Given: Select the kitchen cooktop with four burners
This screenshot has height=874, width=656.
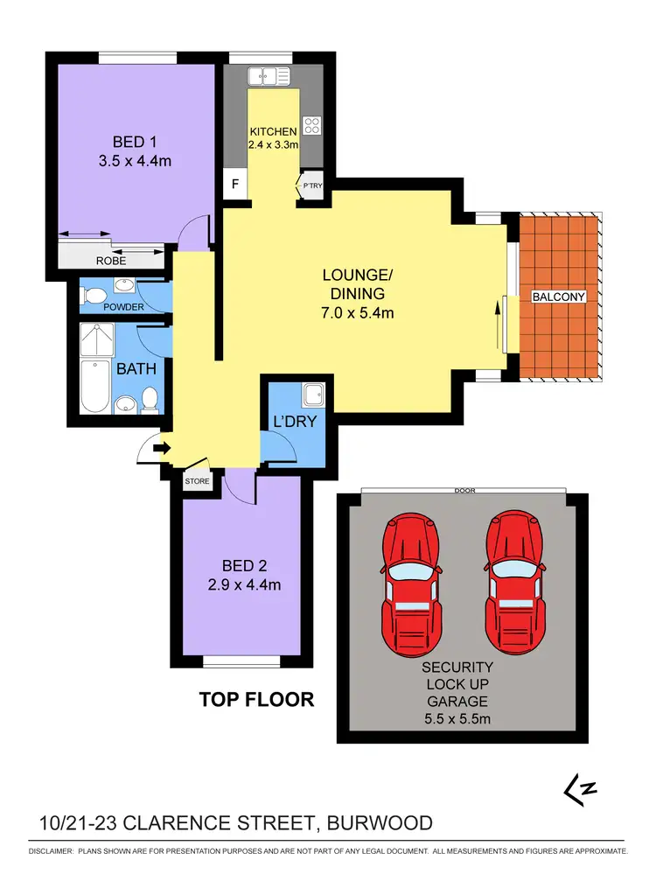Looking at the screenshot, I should coord(311,124).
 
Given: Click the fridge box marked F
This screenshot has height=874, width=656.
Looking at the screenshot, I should coord(234,185).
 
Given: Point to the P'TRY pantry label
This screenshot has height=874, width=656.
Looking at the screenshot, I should coord(311,185).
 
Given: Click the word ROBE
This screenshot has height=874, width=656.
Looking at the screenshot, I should coord(112,261).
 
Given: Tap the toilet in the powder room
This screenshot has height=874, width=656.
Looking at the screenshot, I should coord(91,295).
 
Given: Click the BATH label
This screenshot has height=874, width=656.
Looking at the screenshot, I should coord(137,369).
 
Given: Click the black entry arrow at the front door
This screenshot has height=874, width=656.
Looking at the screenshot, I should coord(161,449).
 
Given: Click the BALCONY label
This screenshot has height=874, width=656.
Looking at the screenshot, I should coord(559,297).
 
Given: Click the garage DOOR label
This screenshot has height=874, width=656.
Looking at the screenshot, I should coord(464,491).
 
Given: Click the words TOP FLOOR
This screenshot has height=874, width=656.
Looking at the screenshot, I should coord(256,699).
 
